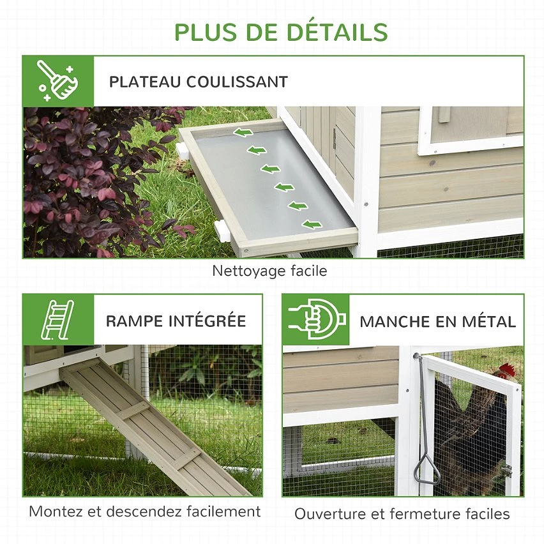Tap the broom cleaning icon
58,81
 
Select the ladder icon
57,319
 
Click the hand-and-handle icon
317,319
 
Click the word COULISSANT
237,82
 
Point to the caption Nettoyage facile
269,271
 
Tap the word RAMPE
134,321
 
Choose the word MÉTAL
489,322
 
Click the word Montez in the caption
56,511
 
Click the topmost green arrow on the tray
243,132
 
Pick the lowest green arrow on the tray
312,225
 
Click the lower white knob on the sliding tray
222,230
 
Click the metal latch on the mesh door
507,471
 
